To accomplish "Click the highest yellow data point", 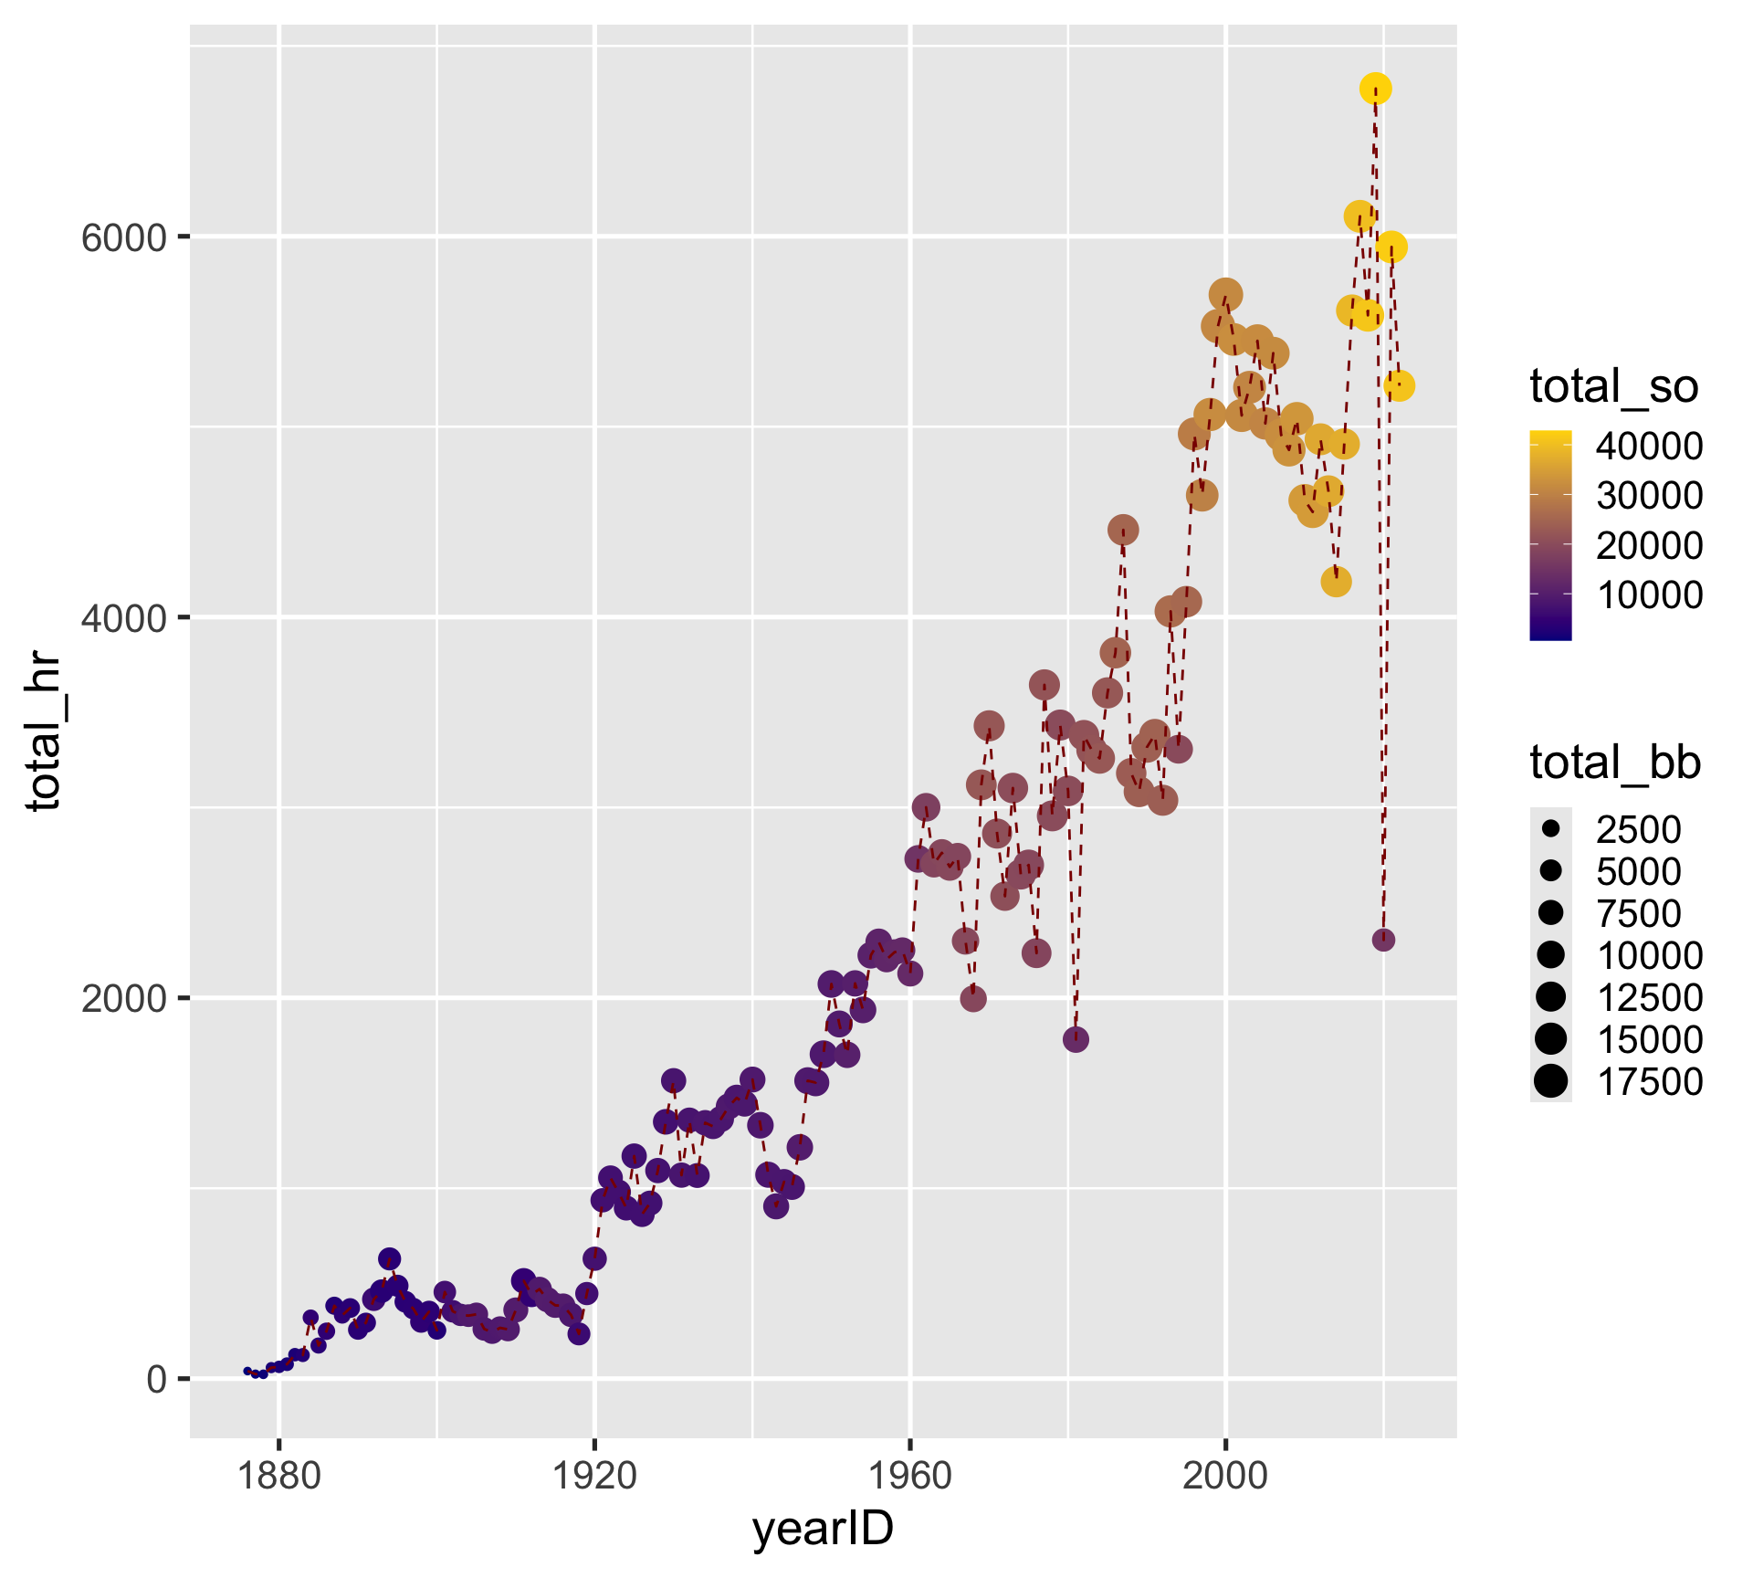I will click(1375, 89).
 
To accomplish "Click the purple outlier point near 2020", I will click(1383, 940).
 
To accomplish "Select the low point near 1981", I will click(1076, 1038).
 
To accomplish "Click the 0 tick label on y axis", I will click(156, 1379).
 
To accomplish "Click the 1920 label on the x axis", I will click(594, 1476).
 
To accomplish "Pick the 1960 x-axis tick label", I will click(910, 1476).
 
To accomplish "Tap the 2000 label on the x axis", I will click(1225, 1476).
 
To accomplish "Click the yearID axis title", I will click(823, 1530).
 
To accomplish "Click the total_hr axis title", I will click(44, 731).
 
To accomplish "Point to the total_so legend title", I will click(1613, 386).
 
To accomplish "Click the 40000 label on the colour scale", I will click(1648, 447).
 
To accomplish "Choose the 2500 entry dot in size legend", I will click(1550, 829).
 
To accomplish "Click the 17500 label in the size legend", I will click(1648, 1082).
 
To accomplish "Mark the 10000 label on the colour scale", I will click(1648, 595).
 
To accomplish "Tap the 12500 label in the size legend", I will click(1648, 998).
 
